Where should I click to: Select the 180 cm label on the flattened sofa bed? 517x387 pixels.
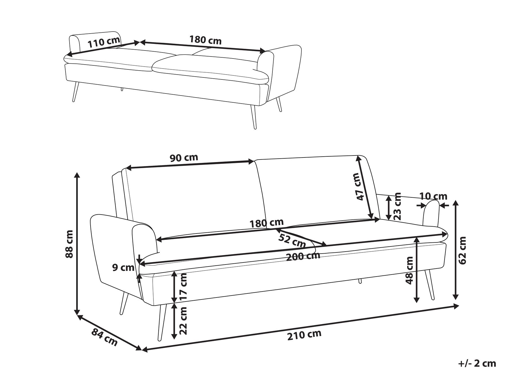[x=205, y=40]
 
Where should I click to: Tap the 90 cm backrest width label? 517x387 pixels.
[x=184, y=157]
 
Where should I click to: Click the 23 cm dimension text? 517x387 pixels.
[x=397, y=206]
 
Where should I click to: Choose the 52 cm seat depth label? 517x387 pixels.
[x=292, y=240]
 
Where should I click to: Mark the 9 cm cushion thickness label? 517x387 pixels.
[x=123, y=268]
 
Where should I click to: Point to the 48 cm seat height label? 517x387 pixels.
[x=410, y=271]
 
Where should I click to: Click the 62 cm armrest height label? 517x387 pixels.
[x=462, y=250]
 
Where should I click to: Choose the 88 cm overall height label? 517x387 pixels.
[x=70, y=244]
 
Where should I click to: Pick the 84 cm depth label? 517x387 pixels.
[x=105, y=337]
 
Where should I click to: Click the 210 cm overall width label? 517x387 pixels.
[x=304, y=335]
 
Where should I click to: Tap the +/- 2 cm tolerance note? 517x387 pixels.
[x=477, y=364]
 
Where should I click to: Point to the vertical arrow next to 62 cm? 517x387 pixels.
[x=455, y=250]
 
